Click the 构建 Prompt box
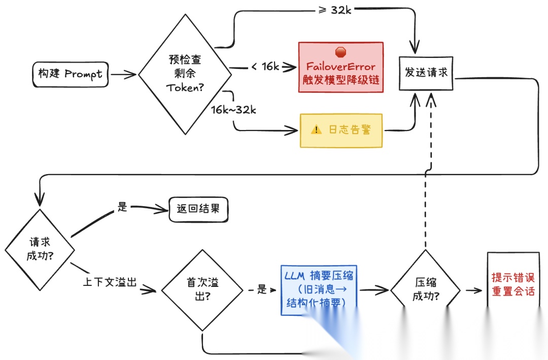pos(70,74)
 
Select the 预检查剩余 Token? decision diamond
pos(185,74)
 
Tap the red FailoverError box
pos(340,67)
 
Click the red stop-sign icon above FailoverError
pos(340,52)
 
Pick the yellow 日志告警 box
pos(340,130)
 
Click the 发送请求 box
pos(426,72)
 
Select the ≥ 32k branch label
pos(334,9)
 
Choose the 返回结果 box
pos(198,209)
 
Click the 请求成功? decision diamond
pos(40,249)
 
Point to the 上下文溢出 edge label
pos(110,282)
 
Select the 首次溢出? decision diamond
pos(202,290)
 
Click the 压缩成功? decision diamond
pos(425,290)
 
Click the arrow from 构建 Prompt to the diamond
pos(123,74)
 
